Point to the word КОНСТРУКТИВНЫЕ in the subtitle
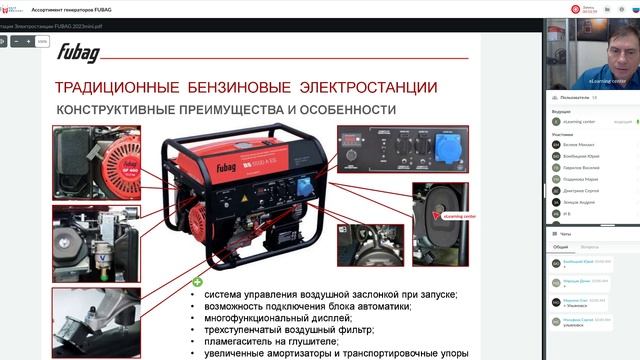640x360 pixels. pyautogui.click(x=116, y=109)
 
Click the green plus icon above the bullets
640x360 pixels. pyautogui.click(x=197, y=282)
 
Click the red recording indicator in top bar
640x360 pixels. pyautogui.click(x=576, y=9)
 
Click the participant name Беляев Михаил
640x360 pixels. pyautogui.click(x=579, y=144)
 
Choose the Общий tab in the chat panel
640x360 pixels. pyautogui.click(x=561, y=246)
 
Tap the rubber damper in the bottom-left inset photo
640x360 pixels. pyautogui.click(x=95, y=320)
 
